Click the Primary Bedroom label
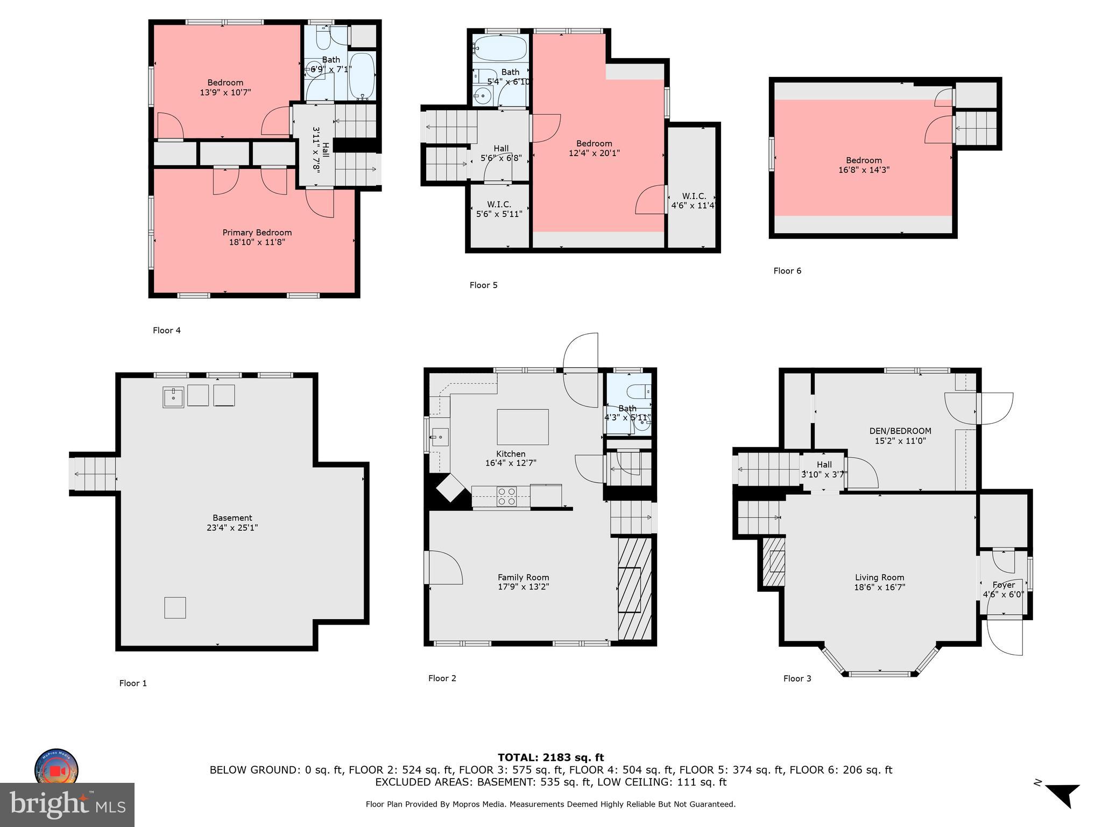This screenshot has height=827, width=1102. (257, 233)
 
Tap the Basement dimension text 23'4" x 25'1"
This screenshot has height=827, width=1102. (232, 528)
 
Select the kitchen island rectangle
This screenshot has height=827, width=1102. (522, 427)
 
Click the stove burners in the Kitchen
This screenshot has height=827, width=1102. (506, 496)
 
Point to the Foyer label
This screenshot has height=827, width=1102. (1004, 585)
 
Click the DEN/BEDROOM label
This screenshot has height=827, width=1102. (900, 431)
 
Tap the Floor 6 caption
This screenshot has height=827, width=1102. (787, 271)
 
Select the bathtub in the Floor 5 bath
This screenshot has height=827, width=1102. (500, 48)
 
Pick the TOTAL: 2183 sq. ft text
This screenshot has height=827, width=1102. (550, 758)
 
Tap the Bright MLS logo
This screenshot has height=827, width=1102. (67, 804)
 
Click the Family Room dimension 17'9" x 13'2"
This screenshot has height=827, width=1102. (523, 587)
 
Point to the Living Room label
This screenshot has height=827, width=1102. (879, 577)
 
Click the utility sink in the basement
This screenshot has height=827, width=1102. (173, 397)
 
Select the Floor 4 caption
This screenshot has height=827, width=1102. (166, 331)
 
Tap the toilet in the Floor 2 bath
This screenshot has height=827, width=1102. (641, 391)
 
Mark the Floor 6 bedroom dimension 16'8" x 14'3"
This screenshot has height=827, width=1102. (863, 170)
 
